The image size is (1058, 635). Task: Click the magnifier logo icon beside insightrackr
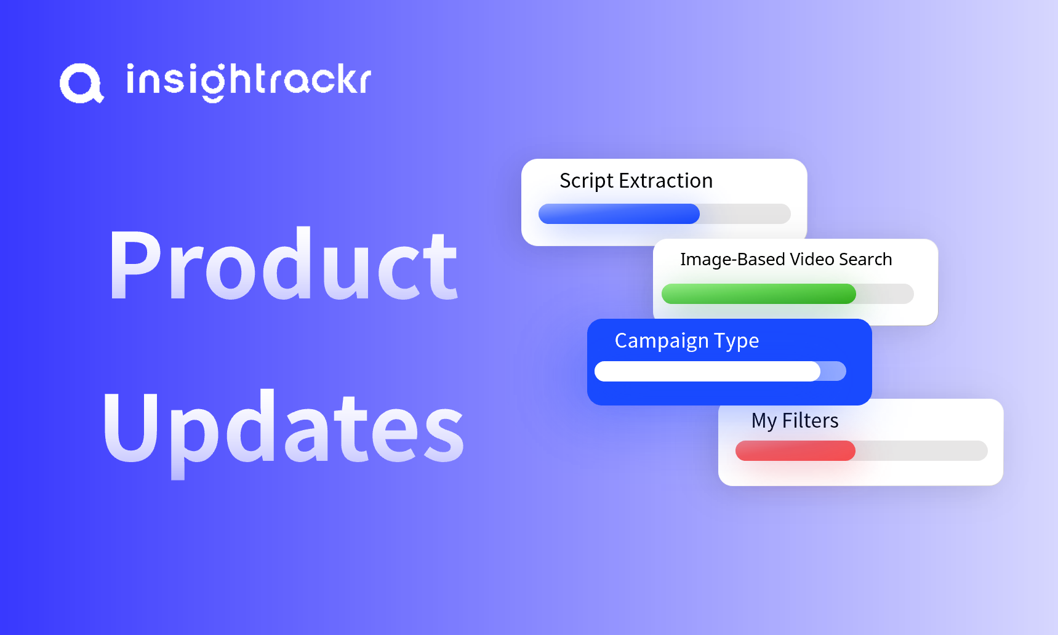pos(82,83)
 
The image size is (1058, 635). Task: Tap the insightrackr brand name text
pos(249,82)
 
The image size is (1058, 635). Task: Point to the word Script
pos(587,182)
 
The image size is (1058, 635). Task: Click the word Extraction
pos(666,181)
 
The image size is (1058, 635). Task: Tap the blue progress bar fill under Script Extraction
pos(619,214)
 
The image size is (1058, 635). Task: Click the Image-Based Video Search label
pos(786,260)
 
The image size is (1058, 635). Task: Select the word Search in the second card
pos(865,259)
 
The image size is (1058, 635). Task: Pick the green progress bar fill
pos(759,294)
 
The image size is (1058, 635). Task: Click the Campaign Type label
pos(687,341)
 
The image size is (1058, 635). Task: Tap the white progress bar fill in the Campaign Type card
pos(707,371)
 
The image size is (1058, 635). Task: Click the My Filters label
pos(795,421)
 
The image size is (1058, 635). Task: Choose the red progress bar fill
pos(795,450)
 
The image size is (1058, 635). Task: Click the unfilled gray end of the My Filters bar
pos(922,450)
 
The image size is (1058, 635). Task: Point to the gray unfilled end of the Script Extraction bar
pos(745,214)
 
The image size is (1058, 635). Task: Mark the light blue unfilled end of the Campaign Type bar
pos(834,371)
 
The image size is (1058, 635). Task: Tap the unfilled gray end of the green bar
pos(885,294)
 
